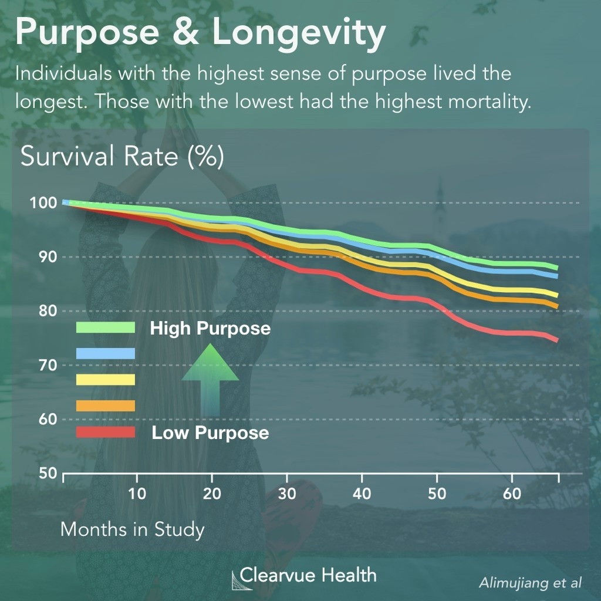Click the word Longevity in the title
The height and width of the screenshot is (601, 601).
pyautogui.click(x=299, y=34)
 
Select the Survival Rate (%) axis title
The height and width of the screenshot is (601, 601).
pyautogui.click(x=122, y=158)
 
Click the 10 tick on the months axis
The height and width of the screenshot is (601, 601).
pyautogui.click(x=137, y=494)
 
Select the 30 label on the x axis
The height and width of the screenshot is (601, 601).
pyautogui.click(x=287, y=494)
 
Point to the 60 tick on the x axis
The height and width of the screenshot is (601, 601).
pyautogui.click(x=512, y=494)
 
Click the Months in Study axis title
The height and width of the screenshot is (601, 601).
pyautogui.click(x=133, y=529)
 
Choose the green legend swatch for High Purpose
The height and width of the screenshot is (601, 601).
pyautogui.click(x=106, y=327)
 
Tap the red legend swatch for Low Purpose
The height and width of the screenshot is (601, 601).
pyautogui.click(x=106, y=433)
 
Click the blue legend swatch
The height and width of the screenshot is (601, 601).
pyautogui.click(x=106, y=353)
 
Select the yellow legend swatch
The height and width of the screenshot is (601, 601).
pyautogui.click(x=106, y=380)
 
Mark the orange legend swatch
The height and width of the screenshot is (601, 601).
pyautogui.click(x=106, y=406)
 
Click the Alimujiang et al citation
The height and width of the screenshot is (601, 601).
pyautogui.click(x=530, y=583)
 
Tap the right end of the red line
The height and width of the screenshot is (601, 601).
pyautogui.click(x=556, y=340)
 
